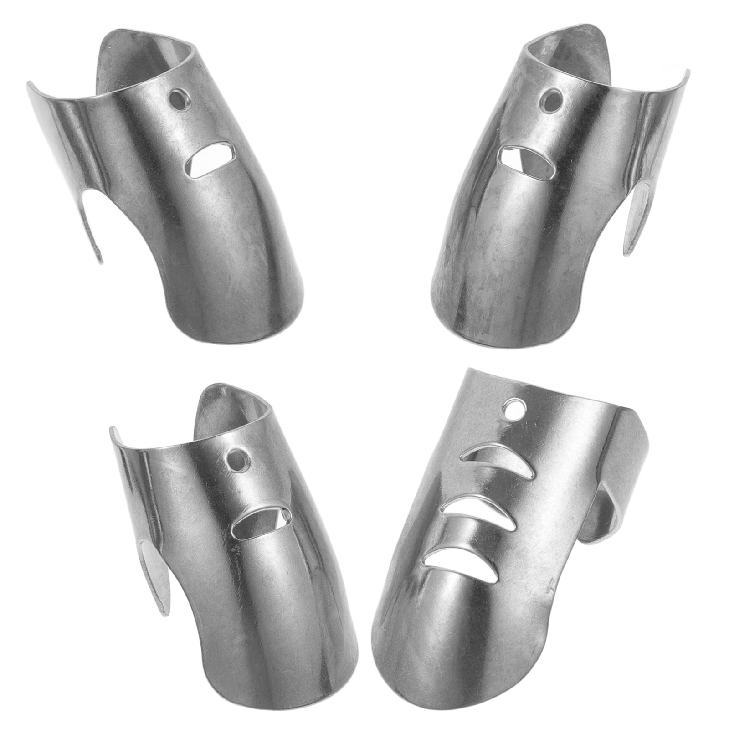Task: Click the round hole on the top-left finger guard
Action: [x=179, y=99]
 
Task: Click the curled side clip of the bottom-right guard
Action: [x=611, y=524]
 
